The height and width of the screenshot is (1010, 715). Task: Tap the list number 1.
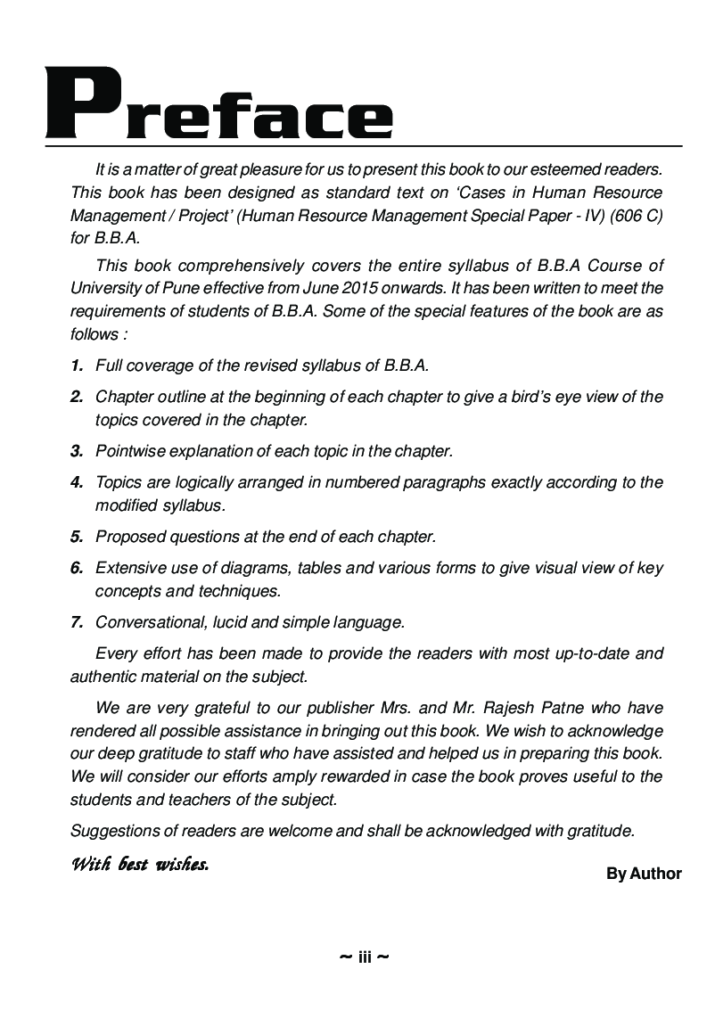[77, 365]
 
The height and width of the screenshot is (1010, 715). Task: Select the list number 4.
[77, 482]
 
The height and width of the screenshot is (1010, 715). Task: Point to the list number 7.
[77, 622]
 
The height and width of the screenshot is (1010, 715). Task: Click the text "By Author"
[644, 874]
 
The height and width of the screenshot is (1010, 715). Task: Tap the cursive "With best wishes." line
[140, 864]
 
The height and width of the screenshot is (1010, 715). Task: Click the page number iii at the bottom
[365, 957]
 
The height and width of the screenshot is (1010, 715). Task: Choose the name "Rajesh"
[515, 708]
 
